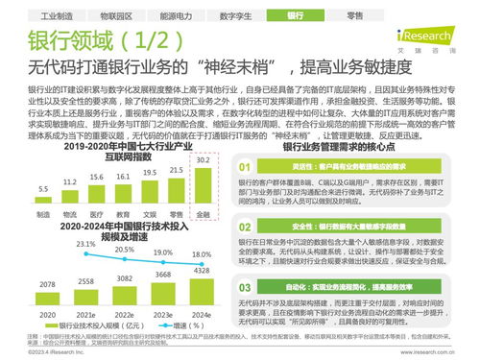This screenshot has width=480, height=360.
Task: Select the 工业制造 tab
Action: (x=44, y=16)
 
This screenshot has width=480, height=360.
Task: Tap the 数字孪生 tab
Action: (x=236, y=16)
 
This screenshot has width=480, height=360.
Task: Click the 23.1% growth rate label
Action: (x=86, y=245)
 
